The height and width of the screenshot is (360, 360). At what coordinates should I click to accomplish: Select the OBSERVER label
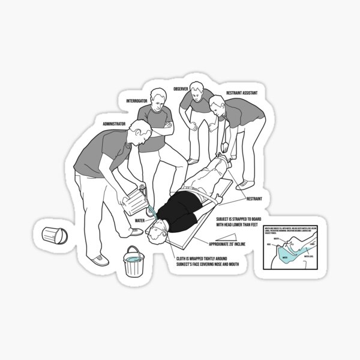pos(181,89)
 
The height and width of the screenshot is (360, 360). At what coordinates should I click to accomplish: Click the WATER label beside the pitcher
pos(139,221)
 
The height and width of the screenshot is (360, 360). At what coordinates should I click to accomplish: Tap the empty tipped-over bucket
pos(53,236)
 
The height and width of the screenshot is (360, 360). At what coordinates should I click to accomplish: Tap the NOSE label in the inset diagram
pos(271,245)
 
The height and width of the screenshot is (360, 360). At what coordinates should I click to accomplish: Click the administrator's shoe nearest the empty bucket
pos(98,260)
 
